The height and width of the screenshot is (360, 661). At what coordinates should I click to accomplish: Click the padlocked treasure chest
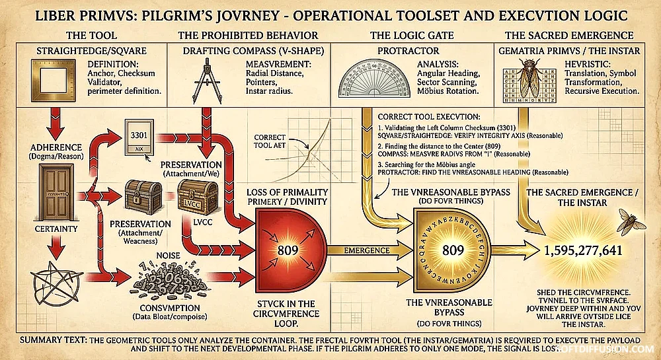[139, 198]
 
